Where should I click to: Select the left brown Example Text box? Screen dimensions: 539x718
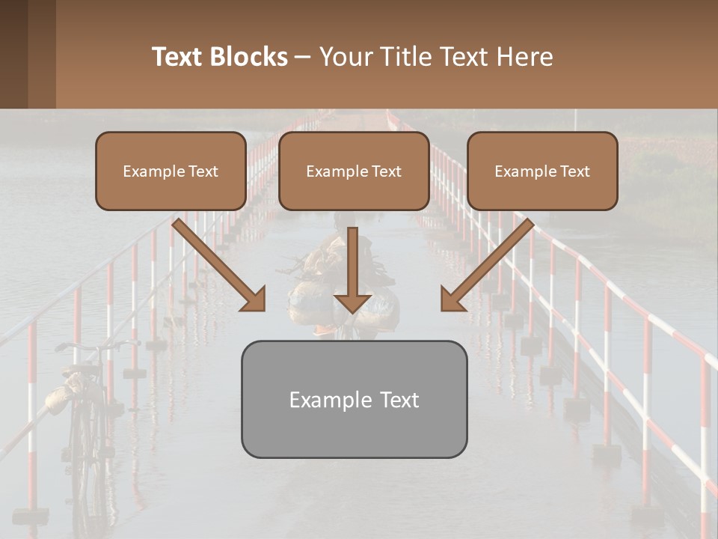click(171, 171)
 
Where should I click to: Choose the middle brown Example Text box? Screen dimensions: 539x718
click(354, 171)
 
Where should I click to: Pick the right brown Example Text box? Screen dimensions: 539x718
click(542, 171)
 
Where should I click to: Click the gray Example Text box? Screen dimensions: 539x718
click(354, 399)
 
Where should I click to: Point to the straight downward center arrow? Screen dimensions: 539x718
click(352, 273)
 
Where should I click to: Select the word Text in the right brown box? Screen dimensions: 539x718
click(574, 171)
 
